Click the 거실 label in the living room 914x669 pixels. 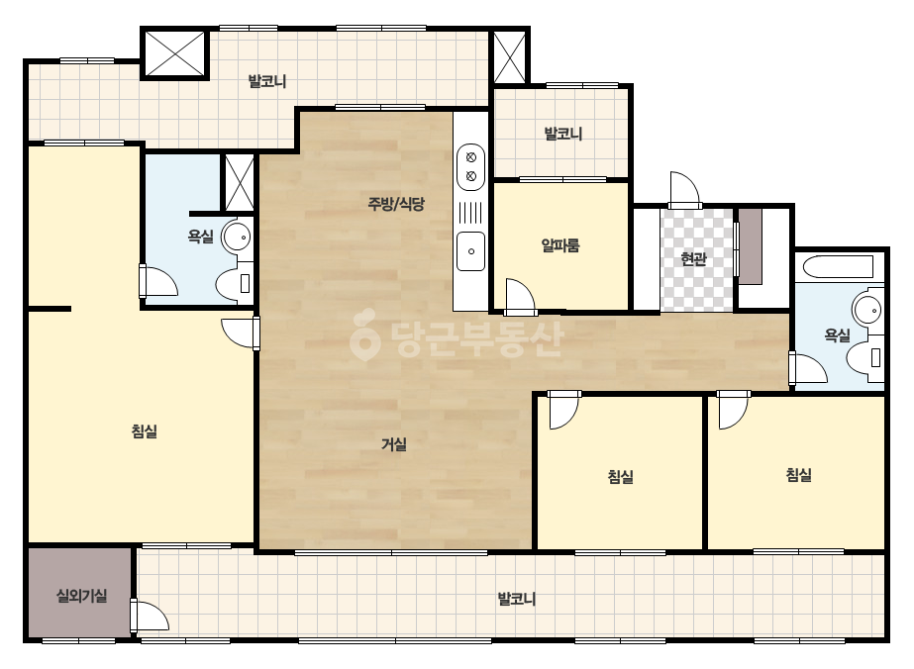point(394,444)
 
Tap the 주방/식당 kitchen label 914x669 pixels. point(396,204)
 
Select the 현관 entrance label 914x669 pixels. point(693,258)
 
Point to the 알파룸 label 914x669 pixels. point(560,245)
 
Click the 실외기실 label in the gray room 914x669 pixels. point(81,596)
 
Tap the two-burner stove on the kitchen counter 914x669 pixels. point(471,166)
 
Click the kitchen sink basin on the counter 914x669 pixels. point(471,251)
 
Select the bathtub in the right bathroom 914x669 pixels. point(838,267)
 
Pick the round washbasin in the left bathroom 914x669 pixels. point(238,237)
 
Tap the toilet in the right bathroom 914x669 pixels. point(865,357)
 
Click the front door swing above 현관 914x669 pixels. point(684,190)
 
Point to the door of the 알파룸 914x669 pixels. point(521,297)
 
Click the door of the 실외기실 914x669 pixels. point(150,617)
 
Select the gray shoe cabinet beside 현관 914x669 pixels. point(751,246)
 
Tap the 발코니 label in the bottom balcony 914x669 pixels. point(517,599)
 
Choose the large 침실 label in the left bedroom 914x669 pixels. point(144,431)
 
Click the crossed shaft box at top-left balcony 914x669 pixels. point(175,53)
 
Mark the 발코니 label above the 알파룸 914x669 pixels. point(562,134)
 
